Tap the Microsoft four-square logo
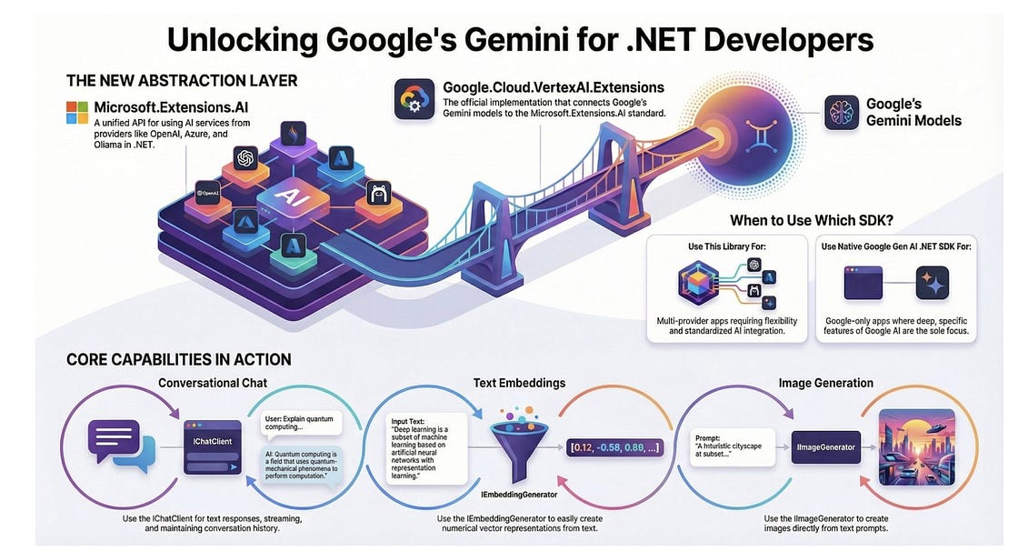[x=77, y=112]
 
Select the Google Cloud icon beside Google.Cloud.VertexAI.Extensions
[x=414, y=98]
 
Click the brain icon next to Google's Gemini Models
[x=842, y=113]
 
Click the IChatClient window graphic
[x=211, y=446]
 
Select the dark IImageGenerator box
[x=826, y=447]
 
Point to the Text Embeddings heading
[x=516, y=384]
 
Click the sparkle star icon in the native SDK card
[x=933, y=282]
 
